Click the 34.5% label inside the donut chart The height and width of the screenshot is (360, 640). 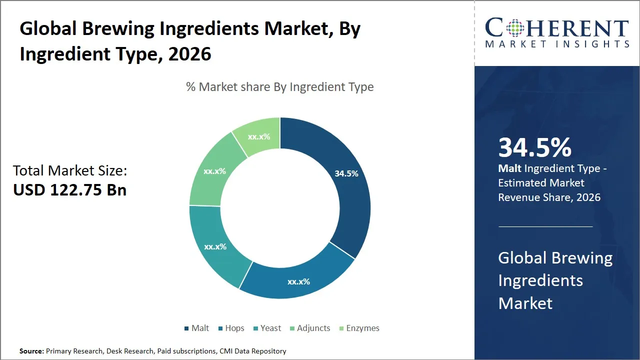coord(346,173)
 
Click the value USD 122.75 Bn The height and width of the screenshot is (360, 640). coord(69,190)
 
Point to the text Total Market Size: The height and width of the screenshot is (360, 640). coord(70,170)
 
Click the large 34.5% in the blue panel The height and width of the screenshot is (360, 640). coord(534,147)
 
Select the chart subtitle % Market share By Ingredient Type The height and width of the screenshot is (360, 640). coord(280,87)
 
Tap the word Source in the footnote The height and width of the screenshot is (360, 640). coord(31,351)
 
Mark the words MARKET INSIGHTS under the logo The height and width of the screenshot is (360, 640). coord(557,44)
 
